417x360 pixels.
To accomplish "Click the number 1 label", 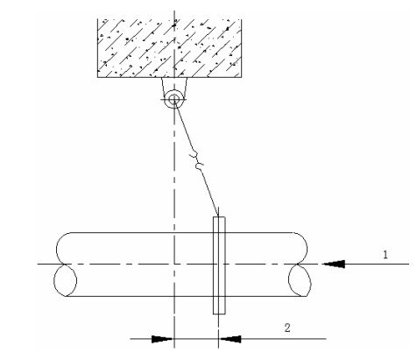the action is click(x=385, y=255).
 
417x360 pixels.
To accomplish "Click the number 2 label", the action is click(x=287, y=328).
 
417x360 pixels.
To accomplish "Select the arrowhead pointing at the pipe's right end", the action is click(x=334, y=264).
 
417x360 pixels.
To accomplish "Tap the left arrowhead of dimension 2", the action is click(x=162, y=339).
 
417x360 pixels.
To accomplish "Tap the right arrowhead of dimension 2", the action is click(x=230, y=339).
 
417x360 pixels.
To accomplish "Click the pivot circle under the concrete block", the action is click(x=174, y=99).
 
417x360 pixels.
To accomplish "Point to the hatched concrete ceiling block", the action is click(x=169, y=48).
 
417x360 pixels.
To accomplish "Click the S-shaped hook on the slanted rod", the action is click(x=196, y=160).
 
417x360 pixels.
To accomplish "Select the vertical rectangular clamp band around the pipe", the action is click(x=219, y=265).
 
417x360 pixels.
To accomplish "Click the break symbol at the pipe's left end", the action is click(x=65, y=265).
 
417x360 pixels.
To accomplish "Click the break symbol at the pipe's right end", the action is click(x=300, y=265).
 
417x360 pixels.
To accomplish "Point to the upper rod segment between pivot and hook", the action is click(x=184, y=126).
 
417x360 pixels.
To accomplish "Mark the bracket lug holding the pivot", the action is click(x=174, y=88).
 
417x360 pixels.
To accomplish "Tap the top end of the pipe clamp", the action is click(x=219, y=217).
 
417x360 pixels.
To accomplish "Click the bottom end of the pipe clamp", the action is click(x=219, y=314).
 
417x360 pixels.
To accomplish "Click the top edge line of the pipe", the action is click(x=181, y=233).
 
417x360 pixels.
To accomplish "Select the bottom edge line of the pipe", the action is click(x=186, y=296).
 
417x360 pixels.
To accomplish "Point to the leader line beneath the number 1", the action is click(x=377, y=264).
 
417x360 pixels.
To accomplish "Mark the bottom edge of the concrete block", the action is click(x=169, y=77).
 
